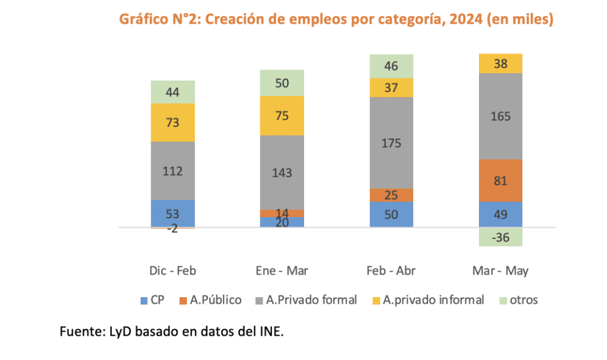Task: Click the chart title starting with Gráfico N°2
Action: pos(336,20)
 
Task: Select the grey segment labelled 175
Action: pos(392,142)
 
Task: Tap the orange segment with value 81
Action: pos(501,180)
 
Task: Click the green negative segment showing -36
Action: pos(501,237)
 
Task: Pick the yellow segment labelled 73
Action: pos(173,122)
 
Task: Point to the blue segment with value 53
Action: pos(173,213)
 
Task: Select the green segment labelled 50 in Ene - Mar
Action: pos(282,83)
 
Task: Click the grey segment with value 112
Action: pos(173,171)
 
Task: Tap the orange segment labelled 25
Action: pos(392,195)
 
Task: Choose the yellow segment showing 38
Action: pos(501,63)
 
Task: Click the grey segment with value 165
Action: pos(501,116)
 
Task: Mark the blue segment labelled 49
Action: pos(501,214)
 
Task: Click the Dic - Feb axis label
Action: pos(172,271)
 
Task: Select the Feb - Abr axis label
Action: pos(391,271)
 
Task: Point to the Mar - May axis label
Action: pos(501,271)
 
